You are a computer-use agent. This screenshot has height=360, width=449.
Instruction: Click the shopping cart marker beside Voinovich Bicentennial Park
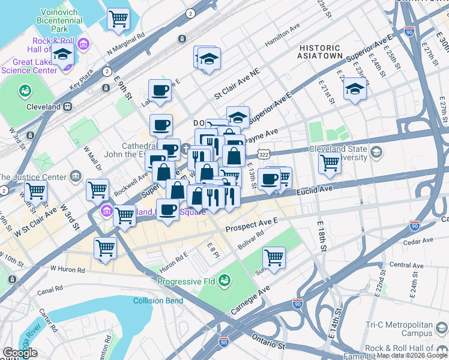pos(118,19)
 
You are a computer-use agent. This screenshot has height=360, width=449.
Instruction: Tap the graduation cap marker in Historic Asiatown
pos(355,90)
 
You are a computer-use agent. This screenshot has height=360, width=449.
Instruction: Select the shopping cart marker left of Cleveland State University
pos(330,163)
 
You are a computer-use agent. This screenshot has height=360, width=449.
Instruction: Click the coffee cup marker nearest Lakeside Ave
pos(160,91)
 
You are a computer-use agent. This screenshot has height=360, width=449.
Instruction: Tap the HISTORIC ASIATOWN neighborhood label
pos(321,52)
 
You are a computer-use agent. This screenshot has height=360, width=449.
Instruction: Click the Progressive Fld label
pos(187,281)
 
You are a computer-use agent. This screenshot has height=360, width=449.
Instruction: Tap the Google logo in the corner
pos(19,353)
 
